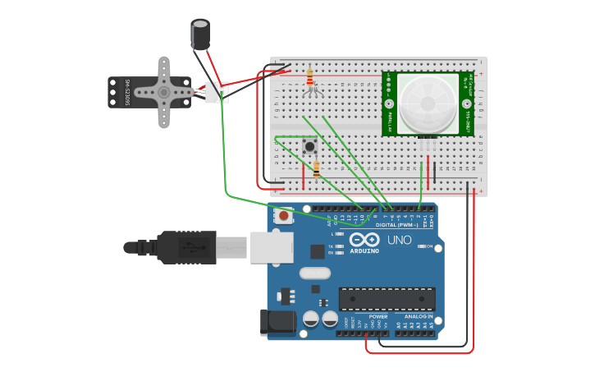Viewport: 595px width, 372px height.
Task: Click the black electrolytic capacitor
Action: pos(200,34)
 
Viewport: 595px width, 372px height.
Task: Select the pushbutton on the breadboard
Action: pos(310,147)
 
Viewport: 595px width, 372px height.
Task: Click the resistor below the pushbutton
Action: pos(318,169)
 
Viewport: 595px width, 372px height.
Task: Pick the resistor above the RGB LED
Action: pos(309,77)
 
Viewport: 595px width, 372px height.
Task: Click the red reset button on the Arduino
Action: pos(284,216)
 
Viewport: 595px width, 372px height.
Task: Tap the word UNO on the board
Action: pos(399,241)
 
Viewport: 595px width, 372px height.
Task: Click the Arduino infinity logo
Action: pos(364,241)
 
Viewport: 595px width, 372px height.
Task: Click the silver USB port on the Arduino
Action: pos(272,246)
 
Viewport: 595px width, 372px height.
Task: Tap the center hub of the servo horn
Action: pos(162,93)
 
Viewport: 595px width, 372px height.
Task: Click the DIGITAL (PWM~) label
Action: pos(397,224)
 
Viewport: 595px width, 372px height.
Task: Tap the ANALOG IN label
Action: pos(418,316)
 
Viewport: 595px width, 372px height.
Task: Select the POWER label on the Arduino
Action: pos(378,316)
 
